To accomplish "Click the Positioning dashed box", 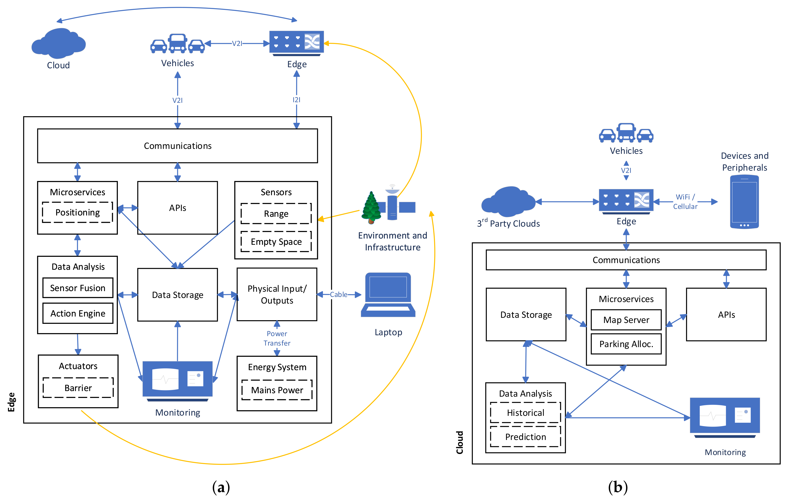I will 78,212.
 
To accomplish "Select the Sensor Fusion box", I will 78,288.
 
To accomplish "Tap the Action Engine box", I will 78,313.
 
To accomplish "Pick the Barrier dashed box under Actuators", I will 78,388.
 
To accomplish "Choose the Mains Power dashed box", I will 277,390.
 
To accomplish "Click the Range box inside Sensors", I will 276,214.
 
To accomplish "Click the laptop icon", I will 388,295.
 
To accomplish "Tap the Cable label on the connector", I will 339,295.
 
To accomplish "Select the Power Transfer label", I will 277,338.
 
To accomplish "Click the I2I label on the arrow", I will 296,100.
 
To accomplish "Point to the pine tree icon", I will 371,208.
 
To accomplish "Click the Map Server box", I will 626,320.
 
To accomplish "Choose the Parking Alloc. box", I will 626,344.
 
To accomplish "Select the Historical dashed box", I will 525,413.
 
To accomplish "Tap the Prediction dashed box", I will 525,437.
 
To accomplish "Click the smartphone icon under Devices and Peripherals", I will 744,202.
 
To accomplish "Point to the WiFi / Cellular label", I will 685,202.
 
